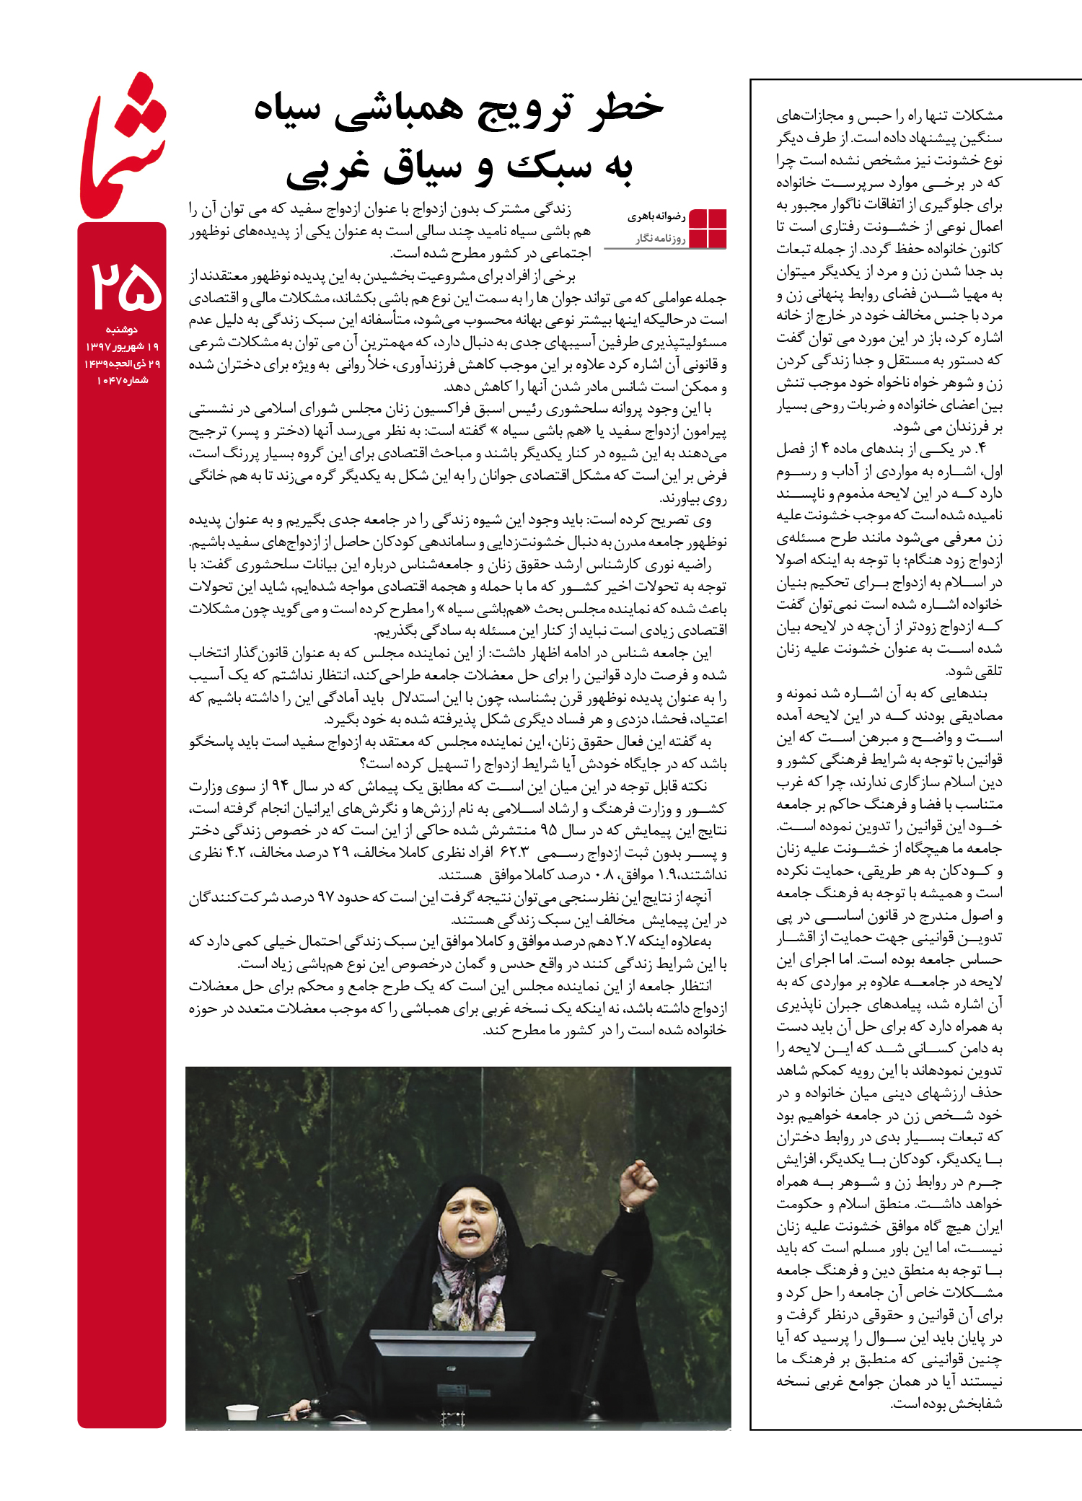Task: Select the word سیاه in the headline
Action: coord(287,110)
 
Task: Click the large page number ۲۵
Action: coord(125,286)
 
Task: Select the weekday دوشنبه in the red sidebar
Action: coord(122,330)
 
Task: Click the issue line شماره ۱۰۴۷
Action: coord(122,380)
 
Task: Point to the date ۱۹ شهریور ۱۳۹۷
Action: coord(122,347)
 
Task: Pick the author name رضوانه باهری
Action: coord(656,216)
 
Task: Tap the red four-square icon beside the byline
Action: coord(708,228)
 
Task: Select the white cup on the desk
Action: coord(242,1412)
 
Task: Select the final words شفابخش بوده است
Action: coord(946,1403)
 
